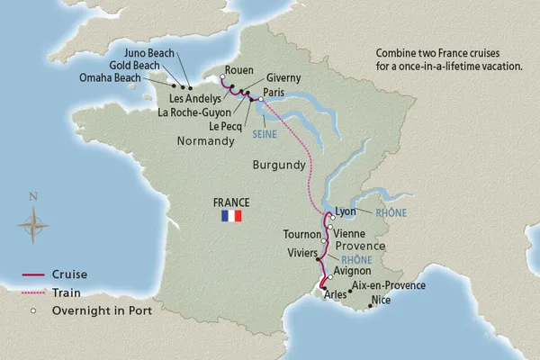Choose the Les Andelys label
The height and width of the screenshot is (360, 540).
pyautogui.click(x=198, y=97)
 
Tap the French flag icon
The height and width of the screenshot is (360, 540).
pyautogui.click(x=231, y=217)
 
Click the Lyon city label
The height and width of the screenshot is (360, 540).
pyautogui.click(x=346, y=212)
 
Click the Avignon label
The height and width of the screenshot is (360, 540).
pyautogui.click(x=353, y=268)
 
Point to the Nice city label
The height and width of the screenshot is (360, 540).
pyautogui.click(x=382, y=300)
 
